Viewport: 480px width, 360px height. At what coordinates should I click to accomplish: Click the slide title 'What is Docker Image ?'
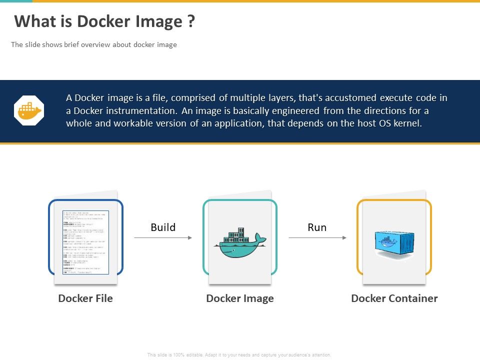tap(104, 21)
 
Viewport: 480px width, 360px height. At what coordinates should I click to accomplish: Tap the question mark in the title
tap(191, 21)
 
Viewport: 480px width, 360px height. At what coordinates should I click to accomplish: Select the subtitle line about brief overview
tap(94, 44)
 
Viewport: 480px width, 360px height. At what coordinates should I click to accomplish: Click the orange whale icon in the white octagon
tap(29, 111)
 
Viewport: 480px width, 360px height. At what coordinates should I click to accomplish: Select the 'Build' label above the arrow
tap(163, 227)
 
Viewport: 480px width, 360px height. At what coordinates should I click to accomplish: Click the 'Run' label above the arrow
tap(317, 227)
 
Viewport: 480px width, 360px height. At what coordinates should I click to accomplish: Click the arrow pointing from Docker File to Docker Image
tap(163, 238)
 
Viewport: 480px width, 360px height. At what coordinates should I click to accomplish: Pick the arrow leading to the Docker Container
tap(317, 238)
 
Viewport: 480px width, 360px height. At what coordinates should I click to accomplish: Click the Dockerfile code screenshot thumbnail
tap(85, 242)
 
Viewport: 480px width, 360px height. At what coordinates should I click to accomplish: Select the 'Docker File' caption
tap(85, 298)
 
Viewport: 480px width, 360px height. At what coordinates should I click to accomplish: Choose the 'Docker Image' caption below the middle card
tap(240, 298)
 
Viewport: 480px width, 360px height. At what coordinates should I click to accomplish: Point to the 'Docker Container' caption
tap(394, 298)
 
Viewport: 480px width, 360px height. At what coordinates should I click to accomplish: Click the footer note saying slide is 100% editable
tap(239, 354)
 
